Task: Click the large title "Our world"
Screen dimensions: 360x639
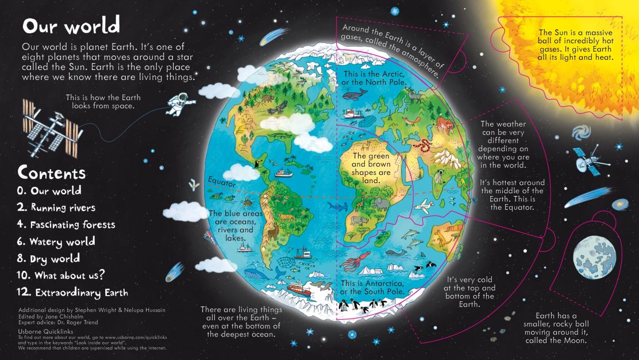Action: click(x=71, y=26)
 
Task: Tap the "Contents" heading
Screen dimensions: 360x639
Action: click(x=52, y=172)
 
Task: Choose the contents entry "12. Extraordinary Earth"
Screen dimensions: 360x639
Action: click(x=72, y=292)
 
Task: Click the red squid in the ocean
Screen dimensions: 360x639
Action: click(x=350, y=264)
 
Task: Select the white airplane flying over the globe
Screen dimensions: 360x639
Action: click(x=424, y=205)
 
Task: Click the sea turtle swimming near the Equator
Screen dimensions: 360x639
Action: click(x=247, y=202)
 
